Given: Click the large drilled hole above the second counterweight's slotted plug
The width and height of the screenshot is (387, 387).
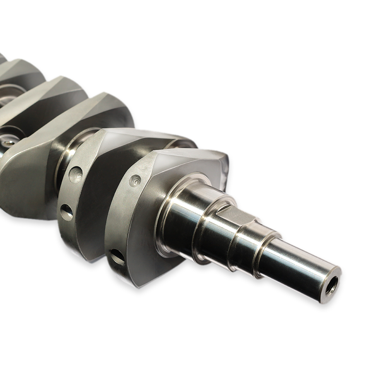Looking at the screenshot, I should click(x=75, y=175).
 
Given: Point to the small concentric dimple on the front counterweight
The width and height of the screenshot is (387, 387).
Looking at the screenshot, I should click(x=135, y=180).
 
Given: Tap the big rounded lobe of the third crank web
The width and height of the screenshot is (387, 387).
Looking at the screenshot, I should click(x=27, y=186).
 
